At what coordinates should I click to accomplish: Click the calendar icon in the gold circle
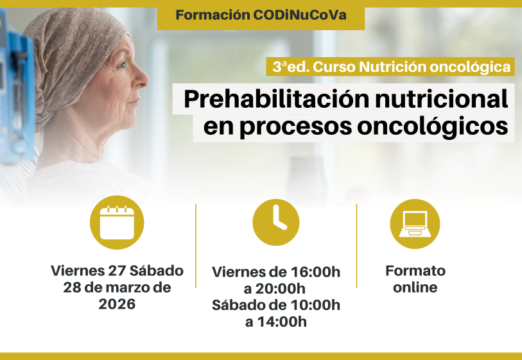coord(117,223)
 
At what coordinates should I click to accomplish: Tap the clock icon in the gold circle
coord(276,222)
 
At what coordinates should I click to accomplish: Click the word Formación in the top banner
coord(213,15)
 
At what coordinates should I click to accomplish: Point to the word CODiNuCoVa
coord(300,15)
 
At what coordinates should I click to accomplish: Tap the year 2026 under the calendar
coord(117,304)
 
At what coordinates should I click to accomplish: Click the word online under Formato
coord(415,287)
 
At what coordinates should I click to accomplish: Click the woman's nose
coord(143,82)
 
